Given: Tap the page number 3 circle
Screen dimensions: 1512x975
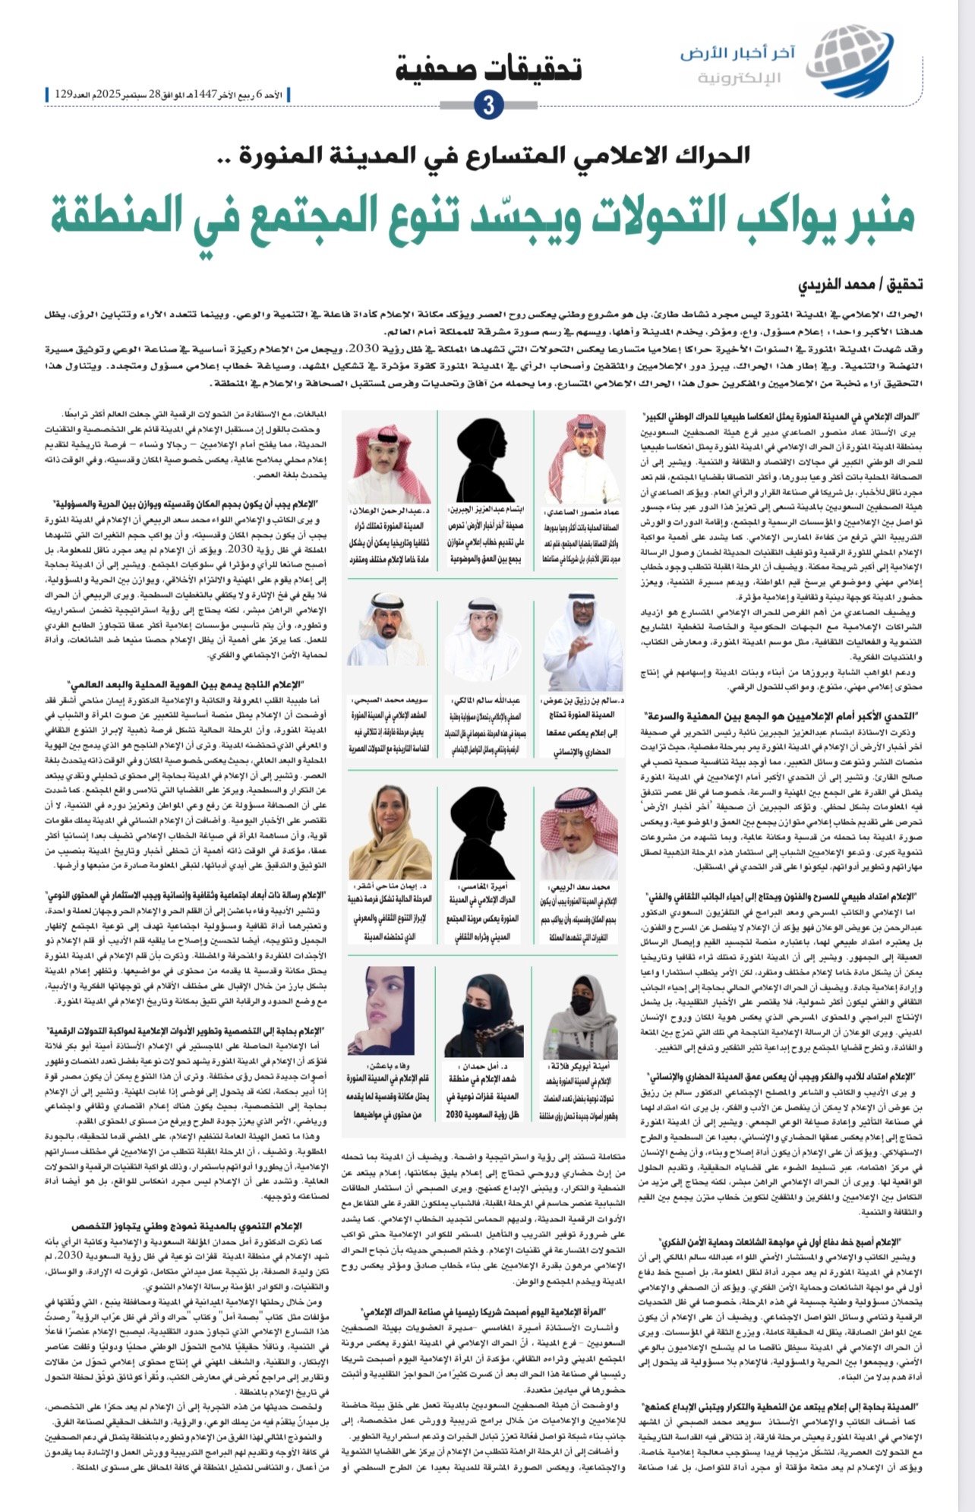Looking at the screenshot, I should coord(487,106).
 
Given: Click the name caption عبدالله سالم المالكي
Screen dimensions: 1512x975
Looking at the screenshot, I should coord(487,702).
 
